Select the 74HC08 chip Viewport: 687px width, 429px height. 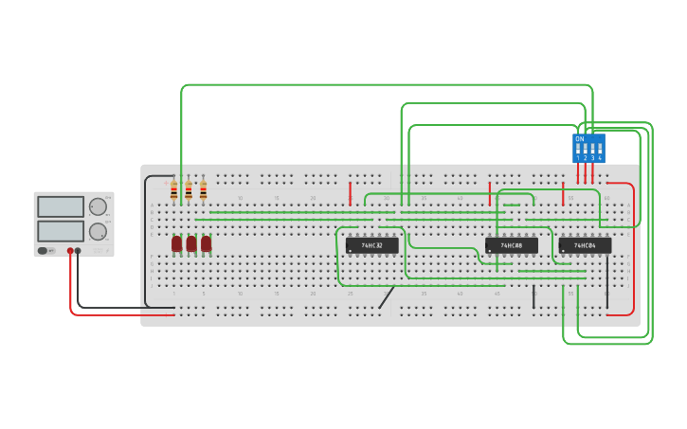[x=512, y=245]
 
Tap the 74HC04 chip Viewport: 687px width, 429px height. [x=585, y=245]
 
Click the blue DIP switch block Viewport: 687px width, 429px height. [x=588, y=149]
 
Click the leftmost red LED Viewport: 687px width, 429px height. [x=177, y=243]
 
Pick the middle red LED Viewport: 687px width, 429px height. [x=191, y=243]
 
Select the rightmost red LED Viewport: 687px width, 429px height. [x=206, y=243]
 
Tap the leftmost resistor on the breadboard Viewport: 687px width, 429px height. [x=174, y=190]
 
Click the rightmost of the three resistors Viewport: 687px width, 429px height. [x=203, y=190]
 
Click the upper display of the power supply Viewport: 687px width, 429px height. [x=61, y=206]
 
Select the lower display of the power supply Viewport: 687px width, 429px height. [x=61, y=231]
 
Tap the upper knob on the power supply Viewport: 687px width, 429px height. [x=98, y=206]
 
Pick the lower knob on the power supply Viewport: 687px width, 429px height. [x=98, y=231]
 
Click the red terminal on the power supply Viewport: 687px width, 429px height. [x=70, y=251]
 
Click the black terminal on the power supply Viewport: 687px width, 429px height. [x=79, y=251]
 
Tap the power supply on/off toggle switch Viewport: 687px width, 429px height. [x=44, y=251]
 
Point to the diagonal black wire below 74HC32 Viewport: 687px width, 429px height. [x=387, y=297]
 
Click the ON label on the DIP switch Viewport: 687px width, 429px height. [x=580, y=139]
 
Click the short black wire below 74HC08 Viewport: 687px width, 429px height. [x=533, y=296]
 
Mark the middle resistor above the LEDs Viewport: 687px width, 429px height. [x=189, y=190]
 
